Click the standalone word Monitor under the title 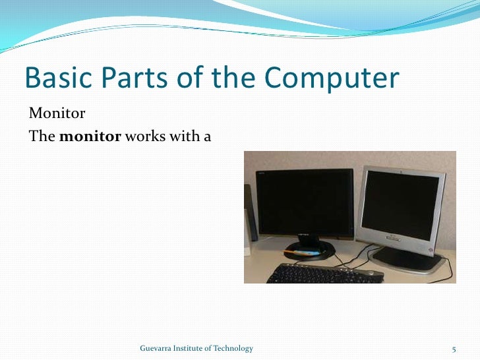57,113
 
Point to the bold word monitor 90,136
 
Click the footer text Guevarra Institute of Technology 196,348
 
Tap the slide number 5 454,348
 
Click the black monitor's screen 304,203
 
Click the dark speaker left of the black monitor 249,212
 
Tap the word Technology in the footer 232,348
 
